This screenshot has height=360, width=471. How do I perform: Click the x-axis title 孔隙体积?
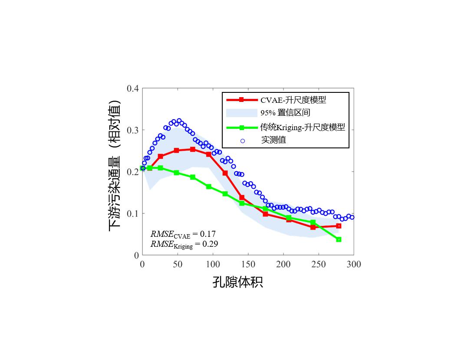[x=237, y=282]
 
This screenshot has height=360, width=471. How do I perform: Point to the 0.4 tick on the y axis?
[x=132, y=88]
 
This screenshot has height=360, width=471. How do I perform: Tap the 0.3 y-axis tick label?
[x=132, y=130]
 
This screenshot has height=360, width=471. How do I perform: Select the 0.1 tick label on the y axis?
[x=132, y=213]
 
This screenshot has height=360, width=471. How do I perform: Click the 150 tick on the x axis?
[x=248, y=264]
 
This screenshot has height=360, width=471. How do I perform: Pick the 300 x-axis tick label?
[x=354, y=264]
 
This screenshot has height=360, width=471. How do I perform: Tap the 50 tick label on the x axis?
[x=178, y=264]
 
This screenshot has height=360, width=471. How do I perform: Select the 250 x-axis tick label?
[x=319, y=264]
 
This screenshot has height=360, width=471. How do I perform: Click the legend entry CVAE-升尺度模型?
[x=293, y=100]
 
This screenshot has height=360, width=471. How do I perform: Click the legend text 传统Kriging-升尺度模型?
[x=303, y=128]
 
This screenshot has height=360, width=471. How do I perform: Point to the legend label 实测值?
[x=273, y=140]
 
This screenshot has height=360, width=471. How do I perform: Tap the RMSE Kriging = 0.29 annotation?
[x=184, y=244]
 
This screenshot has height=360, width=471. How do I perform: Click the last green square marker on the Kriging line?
[x=339, y=239]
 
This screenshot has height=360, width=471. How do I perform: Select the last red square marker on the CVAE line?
[x=339, y=226]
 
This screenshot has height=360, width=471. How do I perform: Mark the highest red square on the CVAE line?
[x=193, y=149]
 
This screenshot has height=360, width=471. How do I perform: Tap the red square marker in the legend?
[x=241, y=100]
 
